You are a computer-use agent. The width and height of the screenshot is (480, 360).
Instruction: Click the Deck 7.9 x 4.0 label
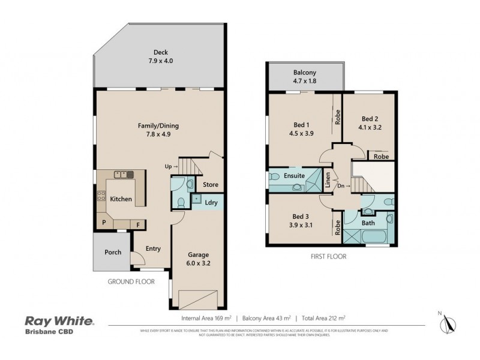(x=159, y=56)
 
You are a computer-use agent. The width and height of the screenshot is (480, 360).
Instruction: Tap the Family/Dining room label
(x=158, y=130)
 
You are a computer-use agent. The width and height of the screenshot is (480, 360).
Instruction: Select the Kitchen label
(x=121, y=199)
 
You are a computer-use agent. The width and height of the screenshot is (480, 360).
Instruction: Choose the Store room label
(x=211, y=185)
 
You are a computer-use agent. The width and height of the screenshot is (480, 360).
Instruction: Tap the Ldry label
(x=211, y=202)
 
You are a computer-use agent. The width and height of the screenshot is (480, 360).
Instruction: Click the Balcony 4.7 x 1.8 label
(x=305, y=76)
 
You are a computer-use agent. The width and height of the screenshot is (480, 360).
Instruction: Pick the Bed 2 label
(x=370, y=123)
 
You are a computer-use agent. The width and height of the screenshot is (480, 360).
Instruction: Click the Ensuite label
(x=295, y=176)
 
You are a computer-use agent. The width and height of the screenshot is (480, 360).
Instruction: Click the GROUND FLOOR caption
(x=131, y=281)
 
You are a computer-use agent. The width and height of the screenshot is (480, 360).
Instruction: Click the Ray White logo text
(x=58, y=321)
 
